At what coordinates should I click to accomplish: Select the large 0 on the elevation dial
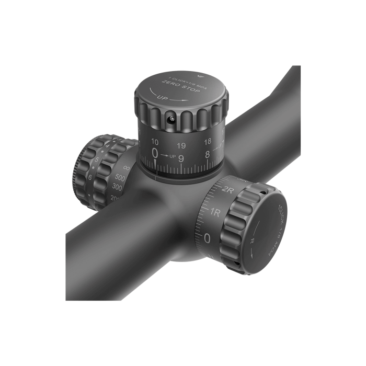tap(155, 153)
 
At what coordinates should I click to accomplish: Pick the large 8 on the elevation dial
tap(208, 154)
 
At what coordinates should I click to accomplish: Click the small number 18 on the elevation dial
tap(208, 141)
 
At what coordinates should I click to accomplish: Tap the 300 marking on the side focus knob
tap(117, 188)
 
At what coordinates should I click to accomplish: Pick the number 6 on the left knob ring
tap(89, 177)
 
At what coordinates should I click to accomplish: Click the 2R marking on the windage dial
tap(227, 189)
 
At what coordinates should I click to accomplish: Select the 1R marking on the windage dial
tap(214, 213)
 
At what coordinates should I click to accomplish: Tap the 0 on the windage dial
tap(207, 239)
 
